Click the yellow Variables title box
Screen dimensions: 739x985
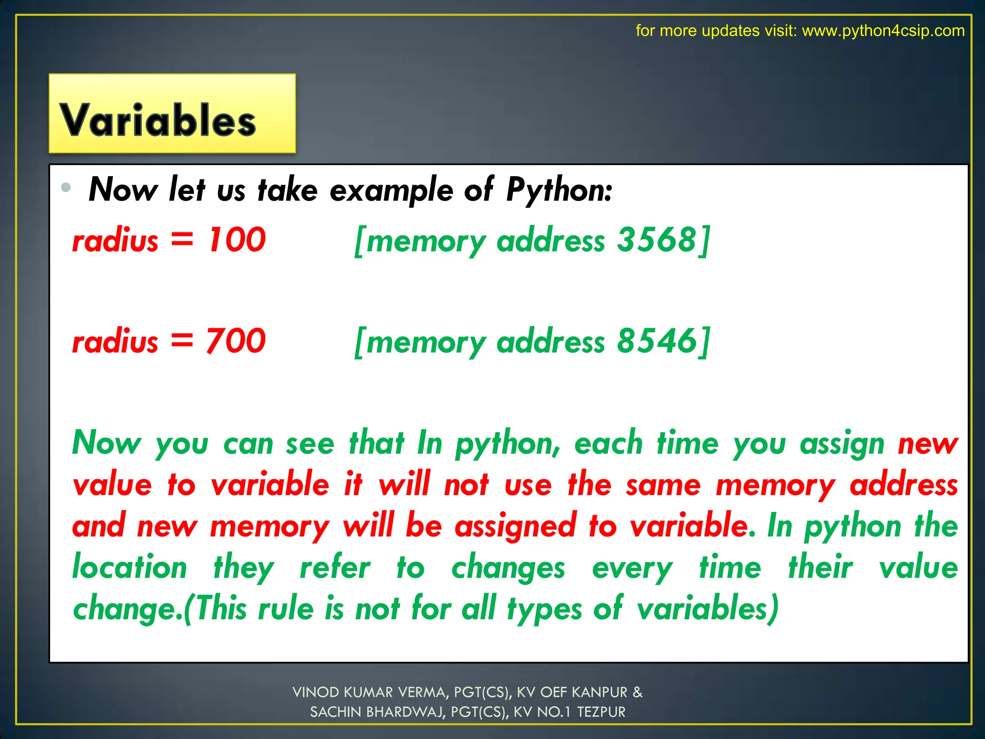(x=172, y=114)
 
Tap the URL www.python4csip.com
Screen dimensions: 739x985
(x=883, y=31)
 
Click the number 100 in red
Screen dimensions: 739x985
(x=237, y=240)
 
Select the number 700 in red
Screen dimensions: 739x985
(x=236, y=341)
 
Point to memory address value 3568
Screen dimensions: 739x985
(x=657, y=240)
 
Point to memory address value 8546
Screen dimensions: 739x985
(x=657, y=341)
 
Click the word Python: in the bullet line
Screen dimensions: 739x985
(x=559, y=190)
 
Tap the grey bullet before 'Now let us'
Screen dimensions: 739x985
(x=66, y=187)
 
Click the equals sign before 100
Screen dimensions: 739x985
(x=182, y=240)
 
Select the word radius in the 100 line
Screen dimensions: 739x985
(x=115, y=241)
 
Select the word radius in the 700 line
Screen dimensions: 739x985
(x=115, y=342)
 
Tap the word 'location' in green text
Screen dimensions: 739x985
(x=129, y=567)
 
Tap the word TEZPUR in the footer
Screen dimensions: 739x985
(x=601, y=712)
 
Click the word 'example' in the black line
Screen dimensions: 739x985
(x=391, y=191)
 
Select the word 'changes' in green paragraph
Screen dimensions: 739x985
(x=508, y=568)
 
